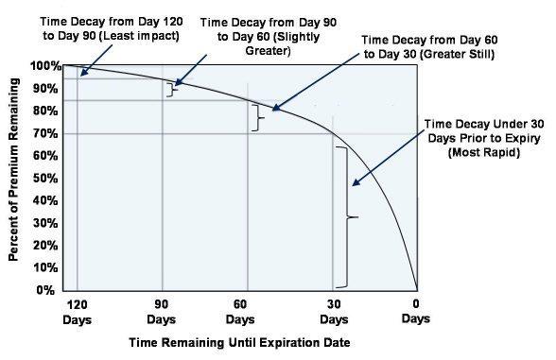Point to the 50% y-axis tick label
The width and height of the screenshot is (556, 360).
[45, 178]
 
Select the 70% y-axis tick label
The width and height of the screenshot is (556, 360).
[45, 133]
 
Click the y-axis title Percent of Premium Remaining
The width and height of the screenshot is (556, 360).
[14, 178]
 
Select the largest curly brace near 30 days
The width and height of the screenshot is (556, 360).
[353, 217]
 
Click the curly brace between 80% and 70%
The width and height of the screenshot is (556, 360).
[257, 116]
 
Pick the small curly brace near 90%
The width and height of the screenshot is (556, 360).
[172, 89]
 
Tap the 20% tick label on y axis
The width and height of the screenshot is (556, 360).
[45, 245]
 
